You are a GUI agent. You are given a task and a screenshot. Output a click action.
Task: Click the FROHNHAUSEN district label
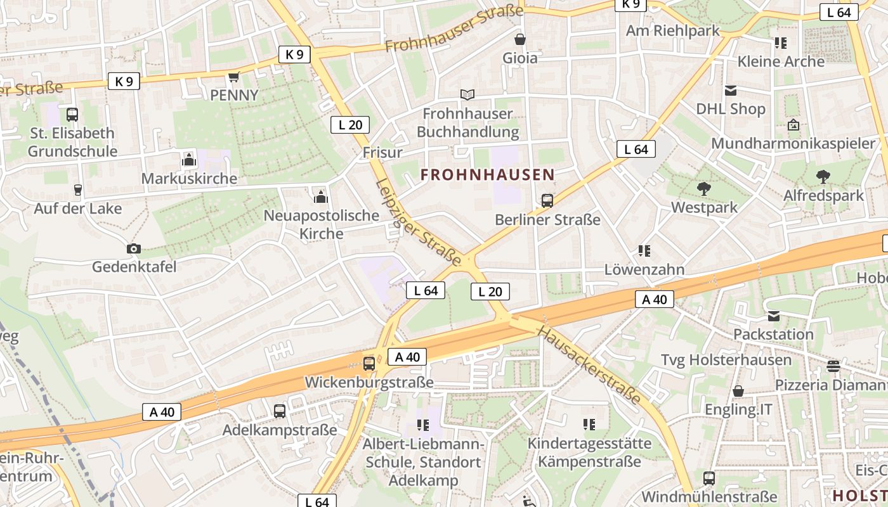(x=487, y=175)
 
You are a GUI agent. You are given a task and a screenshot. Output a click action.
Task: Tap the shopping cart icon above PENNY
(x=233, y=77)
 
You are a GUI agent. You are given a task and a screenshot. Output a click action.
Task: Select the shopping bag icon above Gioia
(x=520, y=39)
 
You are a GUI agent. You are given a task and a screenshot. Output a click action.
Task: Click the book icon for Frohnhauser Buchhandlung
(x=467, y=94)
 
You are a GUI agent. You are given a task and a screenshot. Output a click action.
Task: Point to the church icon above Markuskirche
(x=188, y=160)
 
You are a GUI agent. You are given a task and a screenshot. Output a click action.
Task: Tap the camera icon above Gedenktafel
(x=133, y=248)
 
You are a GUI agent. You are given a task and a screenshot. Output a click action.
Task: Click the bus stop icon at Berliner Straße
(x=547, y=201)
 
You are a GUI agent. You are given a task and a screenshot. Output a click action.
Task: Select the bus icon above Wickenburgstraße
(x=369, y=364)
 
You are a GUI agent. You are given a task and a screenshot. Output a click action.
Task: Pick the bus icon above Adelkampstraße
(x=280, y=411)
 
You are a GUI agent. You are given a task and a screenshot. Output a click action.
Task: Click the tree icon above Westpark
(x=703, y=188)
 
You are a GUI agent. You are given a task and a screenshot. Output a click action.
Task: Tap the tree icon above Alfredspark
(x=823, y=176)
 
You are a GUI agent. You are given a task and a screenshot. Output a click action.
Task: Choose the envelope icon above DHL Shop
(x=731, y=91)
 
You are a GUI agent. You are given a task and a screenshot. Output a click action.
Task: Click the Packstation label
(x=773, y=334)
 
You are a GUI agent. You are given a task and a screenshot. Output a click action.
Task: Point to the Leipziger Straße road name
(x=418, y=221)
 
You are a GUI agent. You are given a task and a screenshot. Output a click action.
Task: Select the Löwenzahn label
(x=644, y=269)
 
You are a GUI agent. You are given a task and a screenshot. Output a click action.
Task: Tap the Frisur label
(x=382, y=153)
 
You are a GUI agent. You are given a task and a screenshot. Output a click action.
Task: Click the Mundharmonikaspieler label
(x=793, y=143)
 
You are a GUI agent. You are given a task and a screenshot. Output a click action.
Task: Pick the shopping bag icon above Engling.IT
(x=738, y=391)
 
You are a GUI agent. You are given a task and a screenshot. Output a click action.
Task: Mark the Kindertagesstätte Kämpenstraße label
(x=589, y=452)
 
